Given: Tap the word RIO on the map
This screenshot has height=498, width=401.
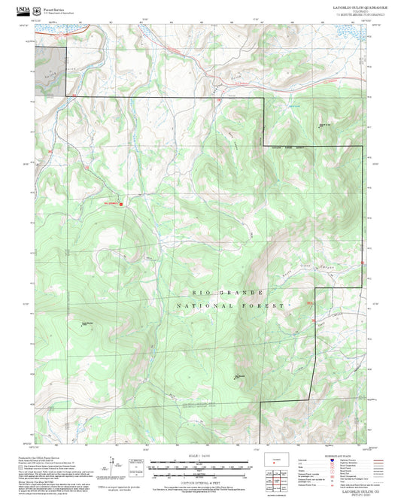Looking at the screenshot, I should pyautogui.click(x=199, y=291).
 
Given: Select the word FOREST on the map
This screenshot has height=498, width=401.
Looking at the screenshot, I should pyautogui.click(x=263, y=306).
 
